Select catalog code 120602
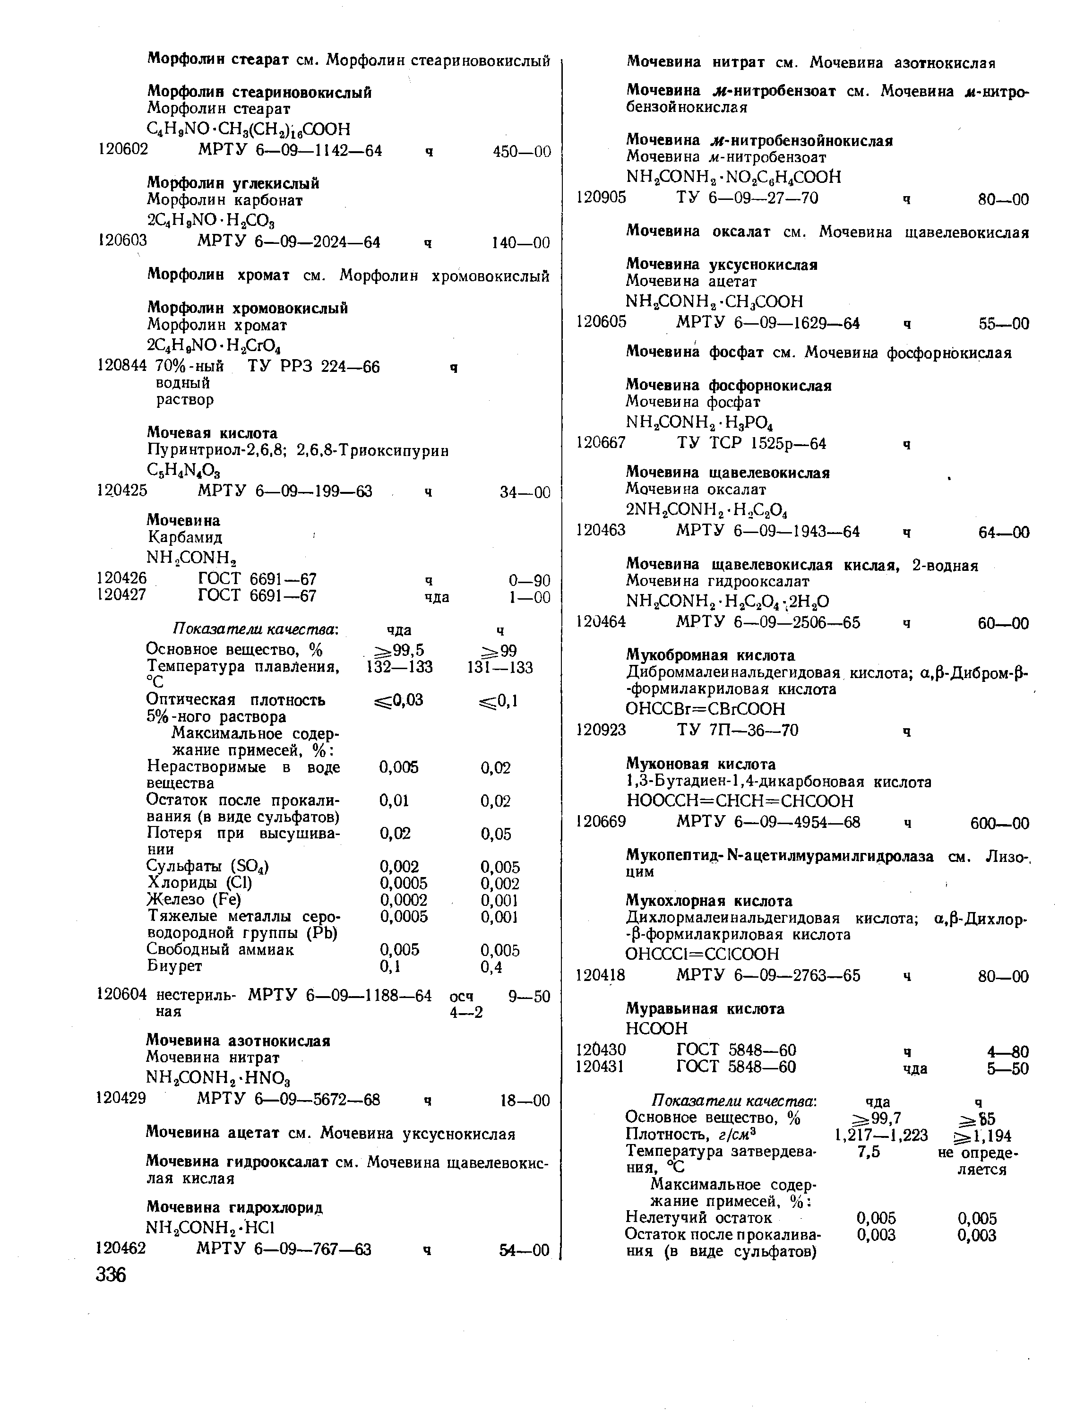tap(122, 150)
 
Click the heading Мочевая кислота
tap(212, 433)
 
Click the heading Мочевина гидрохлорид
tap(234, 1207)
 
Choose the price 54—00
tap(525, 1250)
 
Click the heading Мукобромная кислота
tap(711, 655)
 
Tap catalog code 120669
tap(601, 822)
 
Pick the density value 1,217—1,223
tap(881, 1136)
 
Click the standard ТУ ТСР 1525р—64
tap(751, 444)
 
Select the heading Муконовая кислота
tap(701, 765)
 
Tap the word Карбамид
tap(185, 537)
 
